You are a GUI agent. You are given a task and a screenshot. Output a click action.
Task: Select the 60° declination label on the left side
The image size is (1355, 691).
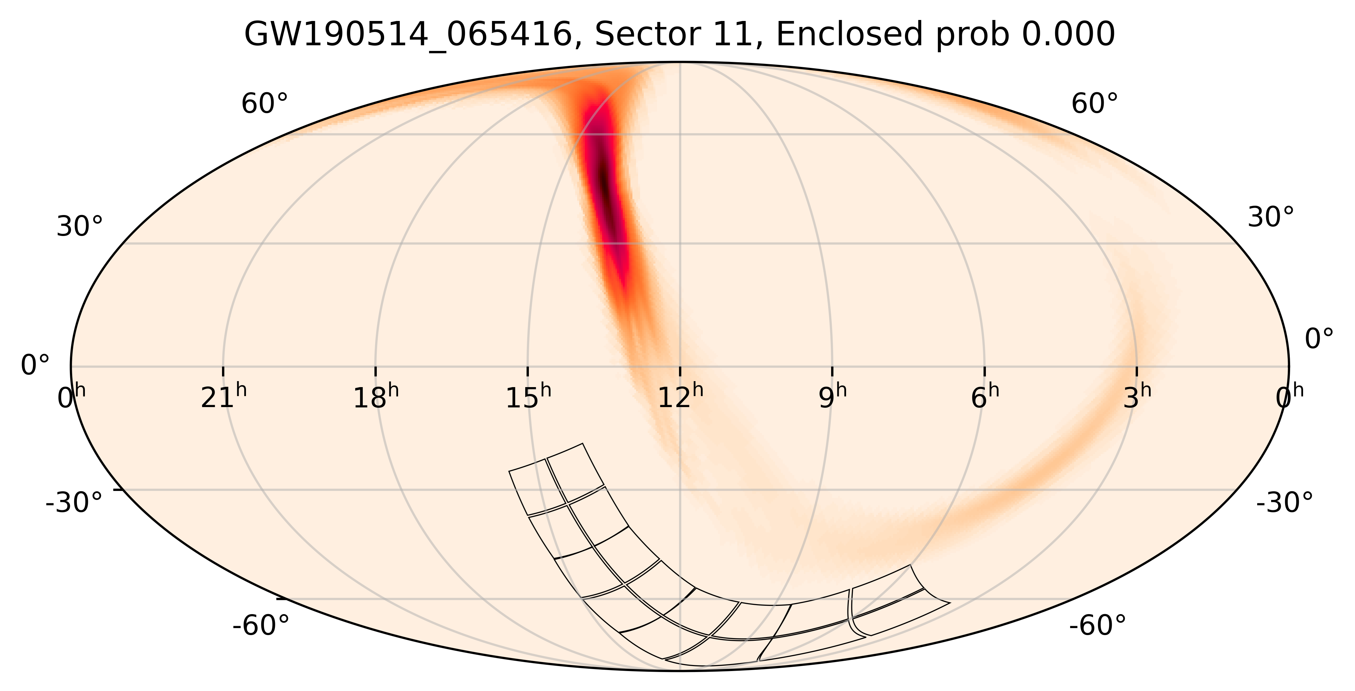pos(265,104)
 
